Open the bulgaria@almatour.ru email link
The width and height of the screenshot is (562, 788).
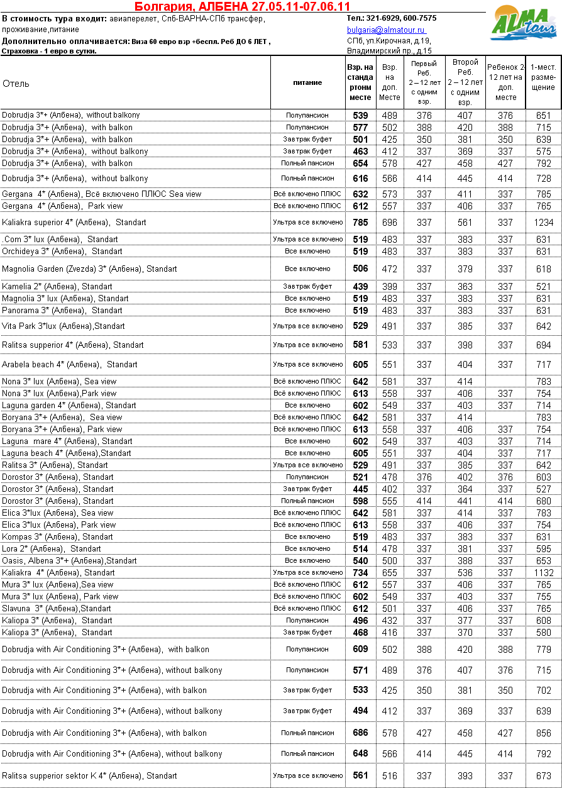click(x=386, y=30)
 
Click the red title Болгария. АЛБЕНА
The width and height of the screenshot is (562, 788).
click(x=243, y=7)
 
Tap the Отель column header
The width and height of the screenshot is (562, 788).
click(x=16, y=84)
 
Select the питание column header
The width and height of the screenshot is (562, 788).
click(x=307, y=82)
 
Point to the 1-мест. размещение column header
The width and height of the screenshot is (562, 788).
click(x=543, y=77)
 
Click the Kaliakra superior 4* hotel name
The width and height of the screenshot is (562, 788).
click(x=74, y=223)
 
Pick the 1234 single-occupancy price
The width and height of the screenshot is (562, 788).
click(x=544, y=223)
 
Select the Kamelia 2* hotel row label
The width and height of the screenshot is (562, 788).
click(x=57, y=287)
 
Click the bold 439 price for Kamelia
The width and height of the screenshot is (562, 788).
click(x=360, y=287)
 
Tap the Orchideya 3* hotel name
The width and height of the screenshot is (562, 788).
click(x=62, y=251)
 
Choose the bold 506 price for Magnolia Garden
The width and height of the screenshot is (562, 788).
click(x=360, y=269)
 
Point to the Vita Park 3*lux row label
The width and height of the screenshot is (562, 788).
click(x=63, y=326)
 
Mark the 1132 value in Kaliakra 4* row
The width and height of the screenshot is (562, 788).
click(x=544, y=573)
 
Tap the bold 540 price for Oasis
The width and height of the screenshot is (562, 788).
click(x=360, y=561)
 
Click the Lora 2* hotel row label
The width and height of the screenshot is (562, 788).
click(x=51, y=549)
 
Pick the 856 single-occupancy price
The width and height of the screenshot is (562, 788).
click(x=544, y=733)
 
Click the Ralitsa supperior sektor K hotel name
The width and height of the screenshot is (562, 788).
click(x=89, y=776)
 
